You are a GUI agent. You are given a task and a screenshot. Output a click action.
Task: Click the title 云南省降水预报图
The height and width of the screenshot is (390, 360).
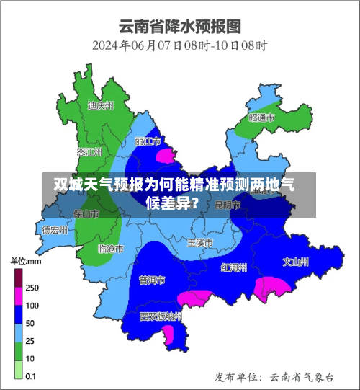click(180, 27)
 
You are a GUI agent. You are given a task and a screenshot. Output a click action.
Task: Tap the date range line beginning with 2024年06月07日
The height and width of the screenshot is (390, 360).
click(180, 45)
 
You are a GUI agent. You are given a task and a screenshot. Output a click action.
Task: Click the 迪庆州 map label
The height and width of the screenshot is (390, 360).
click(100, 105)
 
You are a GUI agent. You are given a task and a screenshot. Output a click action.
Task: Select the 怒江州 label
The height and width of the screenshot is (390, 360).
click(89, 152)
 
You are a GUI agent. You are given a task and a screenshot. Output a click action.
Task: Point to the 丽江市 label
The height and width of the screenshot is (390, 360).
click(148, 141)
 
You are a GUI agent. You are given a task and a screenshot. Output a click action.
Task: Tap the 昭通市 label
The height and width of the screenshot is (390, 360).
click(261, 117)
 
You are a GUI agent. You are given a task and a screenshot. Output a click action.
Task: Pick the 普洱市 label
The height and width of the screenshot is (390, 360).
click(152, 279)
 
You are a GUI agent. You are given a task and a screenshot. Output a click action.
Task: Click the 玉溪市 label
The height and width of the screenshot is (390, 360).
click(200, 242)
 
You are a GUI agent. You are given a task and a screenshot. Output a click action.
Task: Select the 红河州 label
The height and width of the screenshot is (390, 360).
click(234, 267)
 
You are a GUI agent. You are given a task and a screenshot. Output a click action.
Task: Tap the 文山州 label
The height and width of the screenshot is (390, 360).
click(295, 261)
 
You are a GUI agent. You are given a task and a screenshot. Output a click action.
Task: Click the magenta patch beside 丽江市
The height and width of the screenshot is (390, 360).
click(166, 156)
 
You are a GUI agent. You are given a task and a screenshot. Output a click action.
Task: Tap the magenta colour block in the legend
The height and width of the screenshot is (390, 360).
click(19, 296)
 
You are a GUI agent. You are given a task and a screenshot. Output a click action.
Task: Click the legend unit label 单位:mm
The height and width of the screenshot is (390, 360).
click(27, 260)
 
